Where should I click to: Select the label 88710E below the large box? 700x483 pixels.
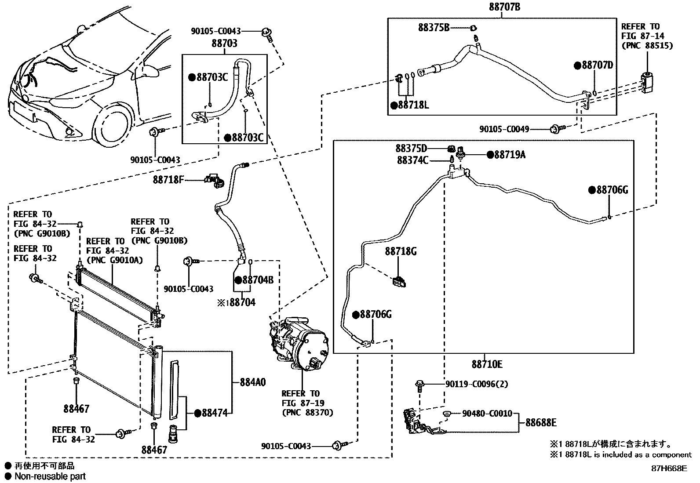[x=486, y=364]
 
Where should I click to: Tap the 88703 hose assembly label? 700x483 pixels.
[x=224, y=43]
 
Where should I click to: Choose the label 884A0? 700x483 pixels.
[x=252, y=382]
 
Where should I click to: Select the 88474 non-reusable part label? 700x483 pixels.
[x=213, y=413]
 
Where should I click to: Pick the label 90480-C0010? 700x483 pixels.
[x=487, y=414]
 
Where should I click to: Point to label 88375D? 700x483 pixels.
[x=411, y=149]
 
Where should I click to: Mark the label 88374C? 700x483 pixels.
[x=412, y=160]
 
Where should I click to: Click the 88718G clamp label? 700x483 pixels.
[x=401, y=251]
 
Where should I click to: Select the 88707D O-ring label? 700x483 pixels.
[x=597, y=65]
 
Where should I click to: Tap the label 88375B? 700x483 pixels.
[x=434, y=27]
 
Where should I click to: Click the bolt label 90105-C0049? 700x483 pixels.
[x=504, y=129]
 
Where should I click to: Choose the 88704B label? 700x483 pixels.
[x=257, y=280]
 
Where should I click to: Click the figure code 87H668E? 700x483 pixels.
[x=669, y=468]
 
